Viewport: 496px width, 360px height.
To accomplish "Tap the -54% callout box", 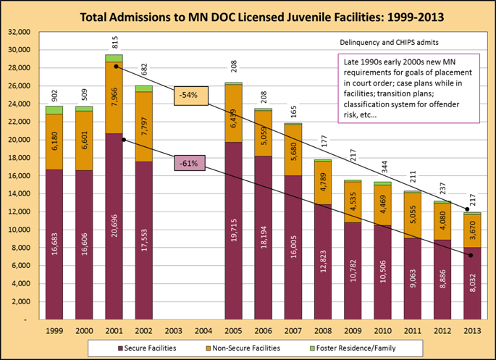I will coord(190,95).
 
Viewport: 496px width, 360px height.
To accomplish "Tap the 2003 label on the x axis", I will coord(174,331).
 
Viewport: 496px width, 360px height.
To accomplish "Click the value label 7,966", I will coord(114,94).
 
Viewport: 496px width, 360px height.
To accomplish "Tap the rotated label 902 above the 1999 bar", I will coord(54,95).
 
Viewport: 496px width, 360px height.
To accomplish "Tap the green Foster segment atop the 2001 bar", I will coord(114,58).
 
